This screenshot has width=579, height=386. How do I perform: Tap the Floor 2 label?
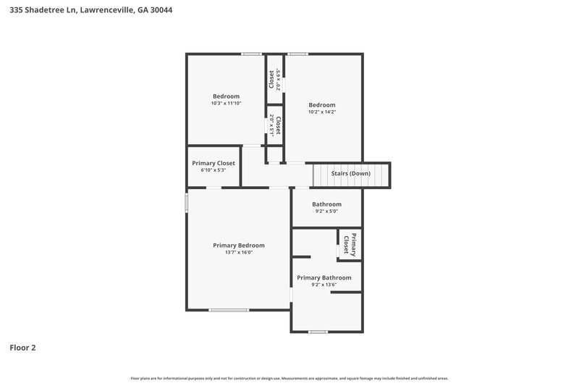tap(22, 348)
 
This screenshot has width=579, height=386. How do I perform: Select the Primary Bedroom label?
tap(239, 246)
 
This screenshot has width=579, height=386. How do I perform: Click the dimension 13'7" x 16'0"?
tap(239, 253)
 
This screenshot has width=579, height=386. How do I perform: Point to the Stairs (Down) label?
tap(351, 174)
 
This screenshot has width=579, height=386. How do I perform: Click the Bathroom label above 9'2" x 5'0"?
tap(326, 204)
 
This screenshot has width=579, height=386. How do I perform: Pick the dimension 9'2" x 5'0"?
tap(326, 211)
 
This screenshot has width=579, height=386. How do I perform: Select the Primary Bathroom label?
tap(324, 277)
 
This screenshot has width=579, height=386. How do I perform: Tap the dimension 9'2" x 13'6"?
tap(324, 285)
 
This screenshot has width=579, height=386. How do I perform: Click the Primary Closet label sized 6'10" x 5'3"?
tap(214, 163)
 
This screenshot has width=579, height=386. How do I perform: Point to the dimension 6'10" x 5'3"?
tap(214, 170)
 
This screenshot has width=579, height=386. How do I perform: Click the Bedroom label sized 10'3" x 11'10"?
tap(226, 96)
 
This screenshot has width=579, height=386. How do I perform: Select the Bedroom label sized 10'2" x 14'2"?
tap(322, 105)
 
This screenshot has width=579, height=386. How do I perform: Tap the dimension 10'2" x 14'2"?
tap(322, 112)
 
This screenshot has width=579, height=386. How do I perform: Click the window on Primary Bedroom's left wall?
tap(187, 202)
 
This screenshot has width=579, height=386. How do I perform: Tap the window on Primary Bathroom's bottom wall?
tap(317, 332)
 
